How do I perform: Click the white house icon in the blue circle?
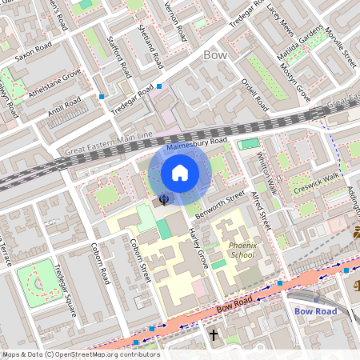(180, 172)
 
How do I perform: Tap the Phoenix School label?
(241, 250)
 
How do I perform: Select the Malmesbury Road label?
(198, 145)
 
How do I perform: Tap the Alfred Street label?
(260, 210)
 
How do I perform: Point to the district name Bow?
(215, 55)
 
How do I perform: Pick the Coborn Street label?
(141, 263)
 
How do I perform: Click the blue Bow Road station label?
(317, 310)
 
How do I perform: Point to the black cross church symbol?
(214, 334)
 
